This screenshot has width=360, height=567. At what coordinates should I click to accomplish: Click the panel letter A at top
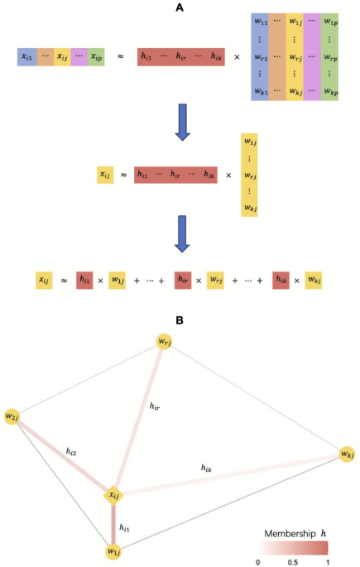click(180, 7)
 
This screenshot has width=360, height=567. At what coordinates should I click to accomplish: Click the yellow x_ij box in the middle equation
click(105, 175)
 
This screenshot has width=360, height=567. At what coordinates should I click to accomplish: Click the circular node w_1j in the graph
click(113, 550)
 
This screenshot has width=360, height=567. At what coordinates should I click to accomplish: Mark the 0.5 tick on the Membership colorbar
click(294, 560)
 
